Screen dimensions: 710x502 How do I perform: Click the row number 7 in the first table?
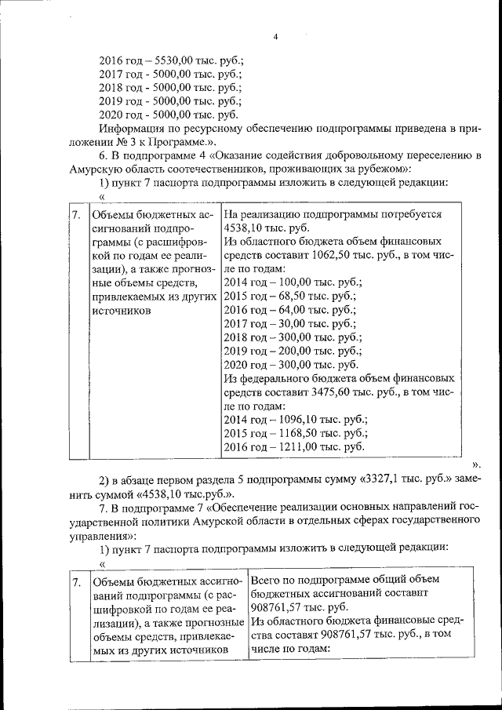click(x=75, y=214)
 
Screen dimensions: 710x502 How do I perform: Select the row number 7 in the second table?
click(x=75, y=583)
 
